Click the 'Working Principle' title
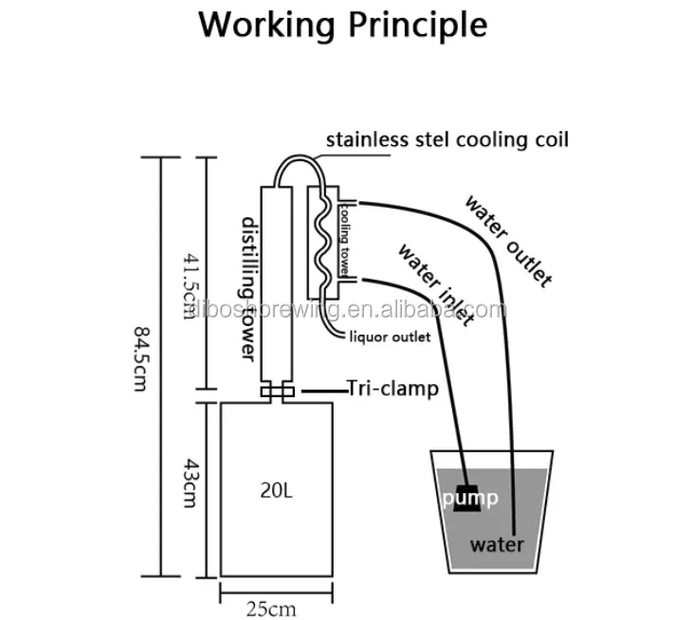343,25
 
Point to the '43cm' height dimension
186,487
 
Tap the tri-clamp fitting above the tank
278,392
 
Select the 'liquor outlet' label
391,337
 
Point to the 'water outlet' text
507,239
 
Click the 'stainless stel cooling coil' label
447,140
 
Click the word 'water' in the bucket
498,544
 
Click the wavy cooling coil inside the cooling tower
324,237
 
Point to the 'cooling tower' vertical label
347,236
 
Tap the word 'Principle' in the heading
410,25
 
